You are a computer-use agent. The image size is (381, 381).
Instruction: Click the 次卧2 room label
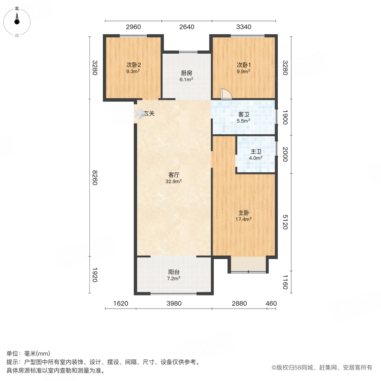pyautogui.click(x=133, y=65)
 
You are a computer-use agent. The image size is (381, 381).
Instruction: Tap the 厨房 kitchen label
pyautogui.click(x=186, y=73)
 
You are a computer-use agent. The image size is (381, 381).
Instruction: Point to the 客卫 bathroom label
pyautogui.click(x=243, y=114)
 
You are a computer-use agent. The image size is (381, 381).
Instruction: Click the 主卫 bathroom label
pyautogui.click(x=256, y=152)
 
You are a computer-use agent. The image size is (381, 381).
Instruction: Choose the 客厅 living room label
pyautogui.click(x=174, y=174)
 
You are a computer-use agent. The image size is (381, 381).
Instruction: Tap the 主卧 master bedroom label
pyautogui.click(x=243, y=213)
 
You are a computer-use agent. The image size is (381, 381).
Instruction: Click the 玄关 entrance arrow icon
pyautogui.click(x=139, y=113)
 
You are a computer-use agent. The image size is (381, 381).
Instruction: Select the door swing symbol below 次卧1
pyautogui.click(x=225, y=94)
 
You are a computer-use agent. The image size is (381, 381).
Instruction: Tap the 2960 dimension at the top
pyautogui.click(x=133, y=27)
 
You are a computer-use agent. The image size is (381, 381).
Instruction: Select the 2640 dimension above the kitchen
pyautogui.click(x=186, y=27)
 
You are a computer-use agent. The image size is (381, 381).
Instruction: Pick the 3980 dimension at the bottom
pyautogui.click(x=174, y=304)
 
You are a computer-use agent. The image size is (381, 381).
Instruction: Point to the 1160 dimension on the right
pyautogui.click(x=284, y=282)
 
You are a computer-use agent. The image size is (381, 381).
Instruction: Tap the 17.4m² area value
pyautogui.click(x=243, y=219)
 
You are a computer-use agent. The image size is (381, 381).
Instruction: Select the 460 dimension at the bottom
pyautogui.click(x=271, y=304)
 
